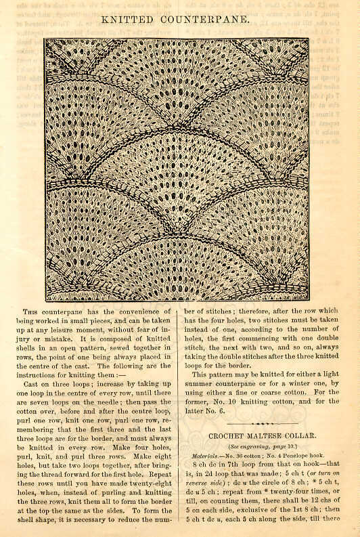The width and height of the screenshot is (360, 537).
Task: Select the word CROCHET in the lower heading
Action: [232, 436]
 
